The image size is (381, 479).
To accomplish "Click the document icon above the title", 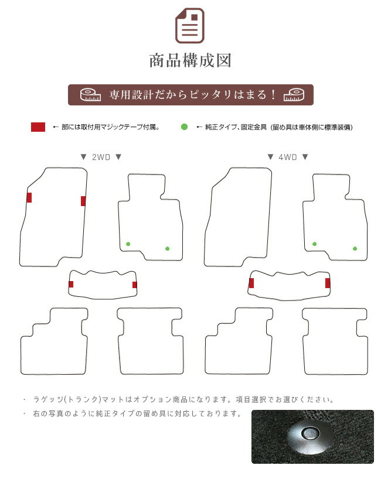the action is pyautogui.click(x=190, y=26).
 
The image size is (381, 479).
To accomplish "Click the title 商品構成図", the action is pyautogui.click(x=190, y=60).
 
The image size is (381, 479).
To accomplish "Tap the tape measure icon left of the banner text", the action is pyautogui.click(x=90, y=95).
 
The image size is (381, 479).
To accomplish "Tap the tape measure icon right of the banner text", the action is pyautogui.click(x=294, y=95).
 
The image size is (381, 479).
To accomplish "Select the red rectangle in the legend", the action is pyautogui.click(x=38, y=126).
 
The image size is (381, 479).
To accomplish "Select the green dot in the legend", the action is pyautogui.click(x=184, y=126).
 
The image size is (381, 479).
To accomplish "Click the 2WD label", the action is pyautogui.click(x=101, y=157).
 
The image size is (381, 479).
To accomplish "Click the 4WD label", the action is pyautogui.click(x=287, y=157).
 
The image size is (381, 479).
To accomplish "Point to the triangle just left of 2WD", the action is pyautogui.click(x=83, y=157).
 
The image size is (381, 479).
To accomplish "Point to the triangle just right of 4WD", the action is pyautogui.click(x=305, y=157).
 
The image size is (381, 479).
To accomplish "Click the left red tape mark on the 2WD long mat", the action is pyautogui.click(x=29, y=198).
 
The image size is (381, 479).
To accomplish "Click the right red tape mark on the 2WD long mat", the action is pyautogui.click(x=83, y=201).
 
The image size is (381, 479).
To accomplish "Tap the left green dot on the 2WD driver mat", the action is pyautogui.click(x=128, y=244).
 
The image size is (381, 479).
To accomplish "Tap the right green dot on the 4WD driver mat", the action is pyautogui.click(x=355, y=249).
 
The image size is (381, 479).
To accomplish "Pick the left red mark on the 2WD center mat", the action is pyautogui.click(x=71, y=284).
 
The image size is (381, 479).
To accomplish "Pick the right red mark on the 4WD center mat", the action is pyautogui.click(x=328, y=283).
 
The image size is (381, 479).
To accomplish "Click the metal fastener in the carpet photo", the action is pyautogui.click(x=309, y=434).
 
